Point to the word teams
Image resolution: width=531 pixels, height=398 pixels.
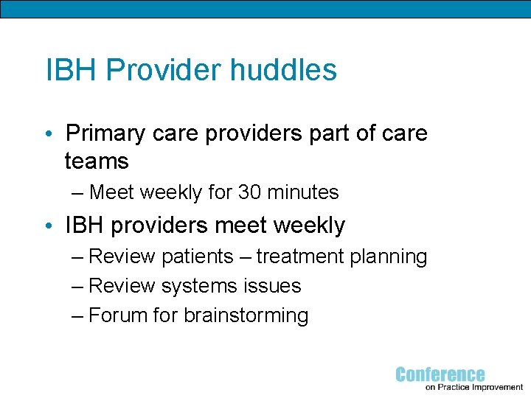coord(97,161)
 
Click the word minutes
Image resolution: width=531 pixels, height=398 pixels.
coord(303,193)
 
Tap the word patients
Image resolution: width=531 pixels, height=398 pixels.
coord(198,256)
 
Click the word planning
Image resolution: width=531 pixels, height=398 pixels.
coord(389,257)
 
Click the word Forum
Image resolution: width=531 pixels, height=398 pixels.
coord(118,315)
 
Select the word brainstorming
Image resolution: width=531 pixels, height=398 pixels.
coord(246,316)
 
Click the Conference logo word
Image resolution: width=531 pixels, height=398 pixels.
coord(440,374)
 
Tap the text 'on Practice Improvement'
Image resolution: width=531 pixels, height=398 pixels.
coord(474,387)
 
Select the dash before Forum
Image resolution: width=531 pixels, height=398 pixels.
coord(79,315)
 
